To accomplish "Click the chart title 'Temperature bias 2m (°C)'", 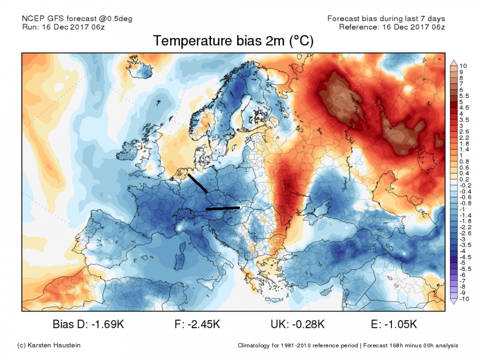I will [233, 41].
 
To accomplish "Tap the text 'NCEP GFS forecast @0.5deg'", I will [77, 18].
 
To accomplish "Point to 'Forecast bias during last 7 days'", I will [386, 18].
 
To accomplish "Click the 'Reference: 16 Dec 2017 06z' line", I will [392, 26].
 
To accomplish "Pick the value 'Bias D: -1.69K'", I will [88, 324].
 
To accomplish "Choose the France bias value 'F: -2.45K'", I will [197, 324].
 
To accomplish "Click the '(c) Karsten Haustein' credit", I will [48, 345].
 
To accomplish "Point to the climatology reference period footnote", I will [347, 345].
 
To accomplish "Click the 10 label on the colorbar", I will [463, 65].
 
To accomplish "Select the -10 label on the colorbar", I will [464, 299].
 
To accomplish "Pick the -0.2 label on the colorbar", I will [465, 185].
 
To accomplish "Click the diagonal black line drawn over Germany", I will [197, 183].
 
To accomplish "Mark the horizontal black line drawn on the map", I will [223, 208].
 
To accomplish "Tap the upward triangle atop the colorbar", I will [453, 62].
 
